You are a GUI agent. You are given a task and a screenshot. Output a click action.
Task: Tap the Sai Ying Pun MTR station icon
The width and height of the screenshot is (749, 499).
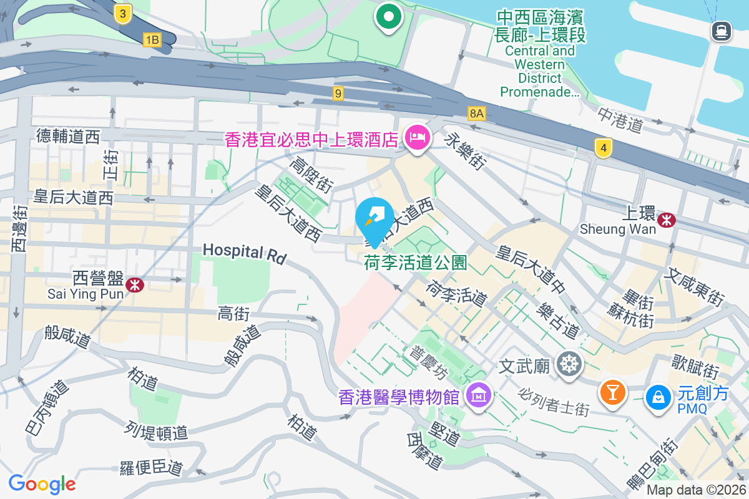pos(134,284)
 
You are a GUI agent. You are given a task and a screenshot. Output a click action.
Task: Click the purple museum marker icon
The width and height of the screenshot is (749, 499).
pos(479,395)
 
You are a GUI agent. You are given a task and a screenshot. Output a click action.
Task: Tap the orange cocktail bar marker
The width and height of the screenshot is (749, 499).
pos(612,393)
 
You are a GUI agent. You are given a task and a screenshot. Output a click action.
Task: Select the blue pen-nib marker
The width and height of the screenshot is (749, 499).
pos(374,218)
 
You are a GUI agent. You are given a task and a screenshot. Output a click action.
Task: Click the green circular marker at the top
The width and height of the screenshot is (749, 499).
pos(388,17)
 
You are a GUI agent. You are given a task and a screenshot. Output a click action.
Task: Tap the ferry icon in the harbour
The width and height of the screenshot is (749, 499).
pos(721,31)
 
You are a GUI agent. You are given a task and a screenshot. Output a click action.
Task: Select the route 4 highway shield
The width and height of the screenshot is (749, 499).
pos(603,148)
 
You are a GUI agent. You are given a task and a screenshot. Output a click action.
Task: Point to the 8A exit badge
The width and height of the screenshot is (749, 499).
pos(477,113)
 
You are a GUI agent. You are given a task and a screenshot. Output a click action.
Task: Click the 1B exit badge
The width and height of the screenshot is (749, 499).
pos(152,41)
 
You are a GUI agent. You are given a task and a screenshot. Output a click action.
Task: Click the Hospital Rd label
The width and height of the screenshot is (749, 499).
pos(244,253)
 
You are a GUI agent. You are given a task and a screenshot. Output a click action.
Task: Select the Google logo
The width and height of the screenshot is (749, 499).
pos(42,484)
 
